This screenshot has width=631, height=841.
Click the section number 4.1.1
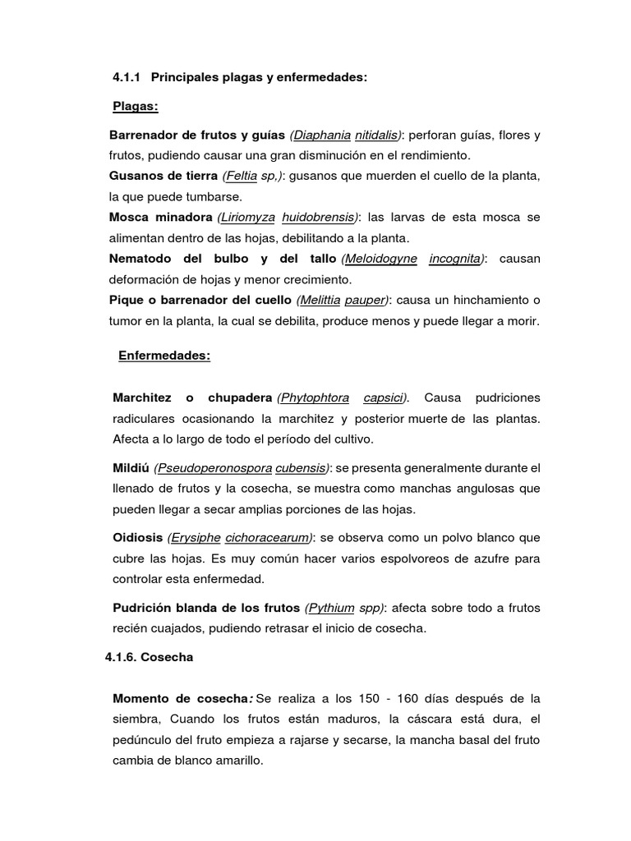click(127, 77)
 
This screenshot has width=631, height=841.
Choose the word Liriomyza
click(248, 218)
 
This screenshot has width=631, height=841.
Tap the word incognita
click(456, 259)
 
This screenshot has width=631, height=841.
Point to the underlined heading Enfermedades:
click(164, 356)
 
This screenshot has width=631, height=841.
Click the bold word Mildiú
click(131, 467)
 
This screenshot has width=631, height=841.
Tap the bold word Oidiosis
click(138, 538)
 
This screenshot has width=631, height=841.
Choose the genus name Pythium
click(331, 608)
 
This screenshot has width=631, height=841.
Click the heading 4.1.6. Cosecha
click(149, 658)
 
